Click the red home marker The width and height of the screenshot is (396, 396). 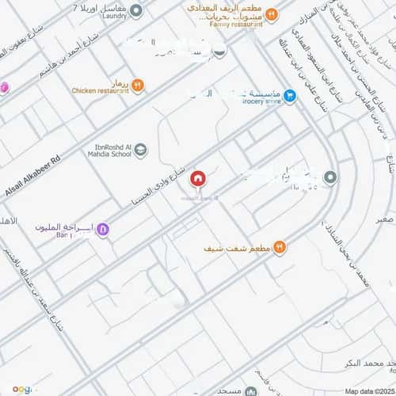click(x=196, y=179)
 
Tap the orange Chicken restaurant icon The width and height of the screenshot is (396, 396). click(x=138, y=86)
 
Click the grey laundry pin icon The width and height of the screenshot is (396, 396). click(x=136, y=10)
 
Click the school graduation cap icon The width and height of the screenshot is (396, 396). click(x=140, y=149)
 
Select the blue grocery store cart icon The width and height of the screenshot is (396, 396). click(x=290, y=96)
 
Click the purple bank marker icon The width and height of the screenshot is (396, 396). click(x=104, y=230)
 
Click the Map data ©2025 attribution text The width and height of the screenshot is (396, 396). click(x=369, y=391)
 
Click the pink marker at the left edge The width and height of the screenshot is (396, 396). click(x=3, y=86)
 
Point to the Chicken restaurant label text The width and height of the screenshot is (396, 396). click(x=100, y=91)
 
